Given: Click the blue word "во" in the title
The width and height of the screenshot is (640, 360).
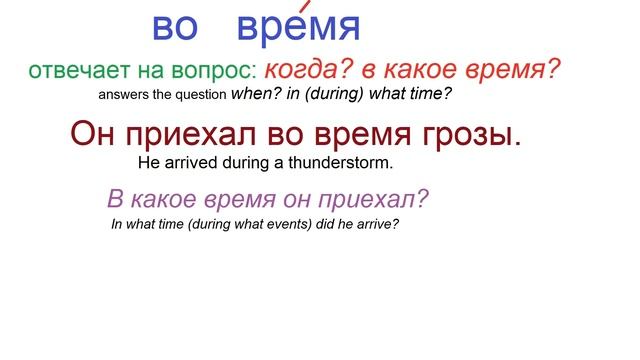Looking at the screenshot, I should click(x=175, y=27).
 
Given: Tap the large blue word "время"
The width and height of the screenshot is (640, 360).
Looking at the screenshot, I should click(x=298, y=27).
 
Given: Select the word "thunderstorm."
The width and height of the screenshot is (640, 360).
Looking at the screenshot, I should click(x=347, y=162).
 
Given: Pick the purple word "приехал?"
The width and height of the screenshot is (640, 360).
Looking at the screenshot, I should click(x=381, y=199).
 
